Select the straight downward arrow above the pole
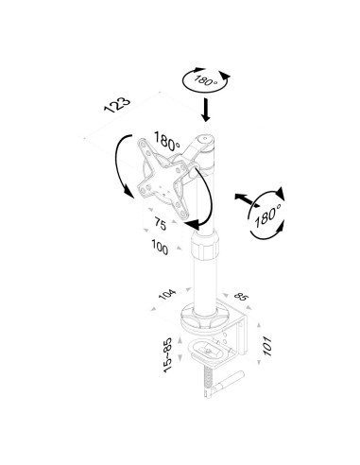tap(206, 111)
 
